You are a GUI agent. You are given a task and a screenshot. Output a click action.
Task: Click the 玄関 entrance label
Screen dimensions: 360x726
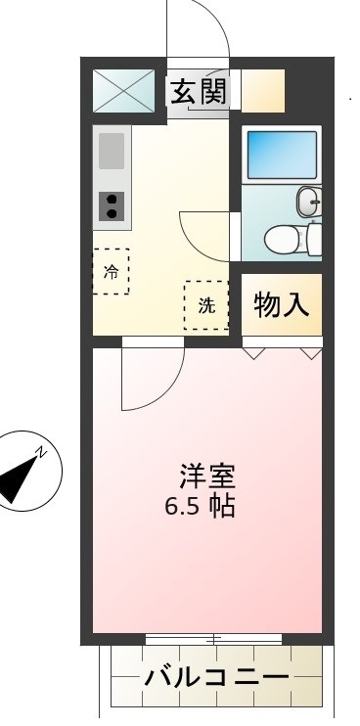(x=199, y=92)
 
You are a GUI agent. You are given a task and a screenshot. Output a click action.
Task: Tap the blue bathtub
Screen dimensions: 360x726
(x=282, y=156)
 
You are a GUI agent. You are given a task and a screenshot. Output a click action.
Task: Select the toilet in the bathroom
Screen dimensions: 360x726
(x=292, y=239)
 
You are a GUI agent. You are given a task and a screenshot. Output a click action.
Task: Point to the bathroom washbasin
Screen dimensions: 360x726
(x=309, y=202)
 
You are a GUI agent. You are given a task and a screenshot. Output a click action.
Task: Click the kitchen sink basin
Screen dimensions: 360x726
(x=112, y=151)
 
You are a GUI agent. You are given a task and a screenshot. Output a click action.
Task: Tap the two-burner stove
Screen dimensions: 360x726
(x=112, y=206)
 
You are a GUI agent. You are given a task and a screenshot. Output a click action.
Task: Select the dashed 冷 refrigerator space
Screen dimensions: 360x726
(x=111, y=271)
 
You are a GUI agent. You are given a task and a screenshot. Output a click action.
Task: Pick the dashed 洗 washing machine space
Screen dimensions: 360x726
(x=206, y=305)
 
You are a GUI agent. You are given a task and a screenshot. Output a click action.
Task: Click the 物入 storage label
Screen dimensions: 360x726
(x=282, y=305)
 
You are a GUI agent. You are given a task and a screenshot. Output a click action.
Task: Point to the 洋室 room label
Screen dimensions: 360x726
(x=208, y=476)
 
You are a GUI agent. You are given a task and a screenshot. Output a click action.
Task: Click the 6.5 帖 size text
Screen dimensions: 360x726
(x=200, y=506)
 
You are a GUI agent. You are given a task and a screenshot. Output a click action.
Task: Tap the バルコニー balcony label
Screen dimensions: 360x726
(x=216, y=678)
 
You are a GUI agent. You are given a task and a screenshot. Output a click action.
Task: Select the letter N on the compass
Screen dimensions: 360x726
(x=42, y=451)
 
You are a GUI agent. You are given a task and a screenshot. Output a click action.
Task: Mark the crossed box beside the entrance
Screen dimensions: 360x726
(x=123, y=91)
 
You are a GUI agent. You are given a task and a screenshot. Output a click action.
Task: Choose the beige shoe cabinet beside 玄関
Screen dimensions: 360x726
(x=263, y=91)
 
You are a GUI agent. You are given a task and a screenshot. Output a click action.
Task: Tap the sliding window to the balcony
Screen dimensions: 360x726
(x=214, y=640)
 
